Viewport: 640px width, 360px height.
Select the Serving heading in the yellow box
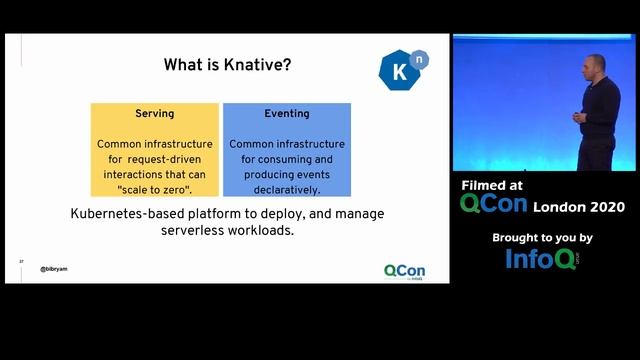point(155,114)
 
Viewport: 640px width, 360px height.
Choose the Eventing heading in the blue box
point(287,114)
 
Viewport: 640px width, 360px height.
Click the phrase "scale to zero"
point(154,189)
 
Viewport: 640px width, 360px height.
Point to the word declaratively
point(287,189)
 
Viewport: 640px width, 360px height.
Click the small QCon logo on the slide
point(404,270)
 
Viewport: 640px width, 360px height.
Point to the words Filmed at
point(491,185)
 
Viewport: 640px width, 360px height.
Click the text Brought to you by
point(543,238)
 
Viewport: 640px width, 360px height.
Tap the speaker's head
point(588,70)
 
